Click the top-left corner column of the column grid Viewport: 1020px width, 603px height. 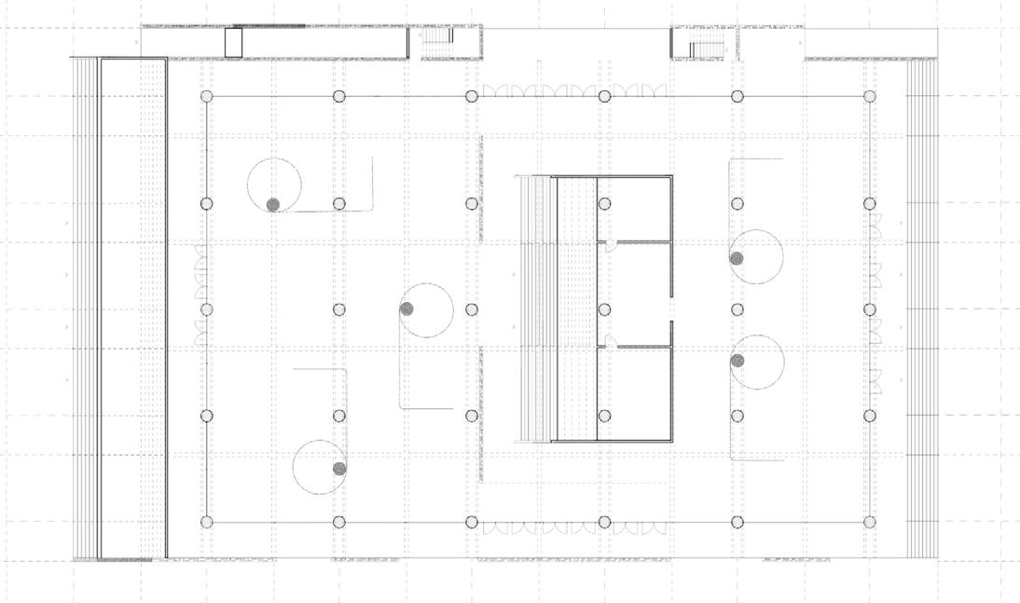[x=207, y=96]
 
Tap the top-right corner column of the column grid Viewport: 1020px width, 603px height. [x=870, y=96]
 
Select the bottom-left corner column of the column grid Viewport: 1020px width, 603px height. [x=207, y=522]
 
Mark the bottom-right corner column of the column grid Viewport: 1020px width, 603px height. [x=870, y=522]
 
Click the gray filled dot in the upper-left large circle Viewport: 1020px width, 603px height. [x=273, y=204]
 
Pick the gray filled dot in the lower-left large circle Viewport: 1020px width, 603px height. [x=340, y=468]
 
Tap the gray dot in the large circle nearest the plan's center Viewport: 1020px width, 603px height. [x=407, y=308]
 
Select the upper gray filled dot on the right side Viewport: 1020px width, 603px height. [x=737, y=258]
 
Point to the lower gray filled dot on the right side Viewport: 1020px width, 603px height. [x=737, y=361]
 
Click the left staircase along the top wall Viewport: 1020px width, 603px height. [x=437, y=36]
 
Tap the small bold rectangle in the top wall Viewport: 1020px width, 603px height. [x=233, y=42]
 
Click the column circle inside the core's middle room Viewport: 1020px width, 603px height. [x=604, y=309]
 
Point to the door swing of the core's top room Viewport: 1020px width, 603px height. [x=606, y=247]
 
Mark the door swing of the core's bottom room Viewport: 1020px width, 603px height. [x=606, y=341]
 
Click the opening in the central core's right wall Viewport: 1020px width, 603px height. [x=671, y=309]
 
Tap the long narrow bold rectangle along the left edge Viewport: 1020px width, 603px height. [x=133, y=308]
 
